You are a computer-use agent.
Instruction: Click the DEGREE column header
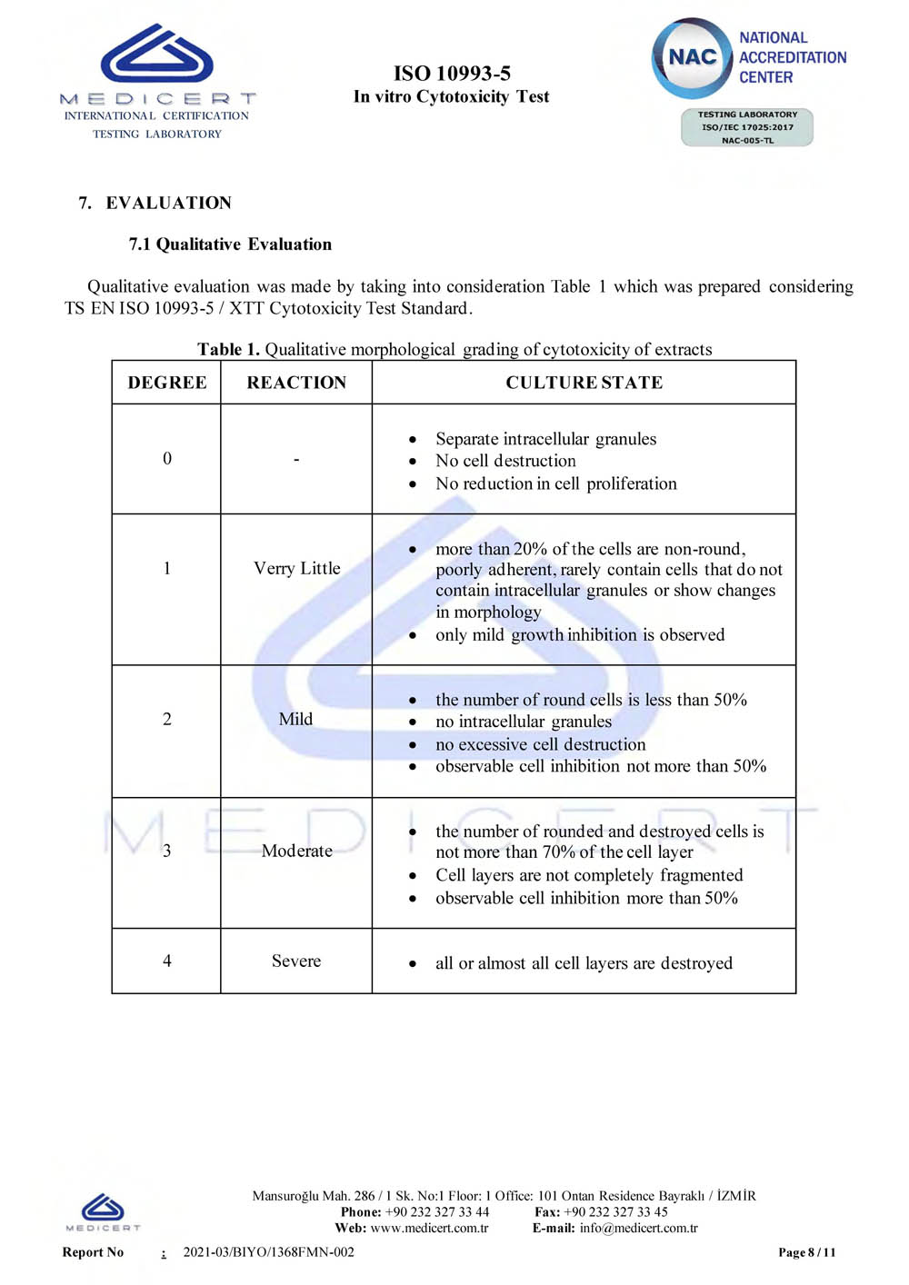(167, 383)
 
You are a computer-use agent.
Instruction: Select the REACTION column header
(296, 383)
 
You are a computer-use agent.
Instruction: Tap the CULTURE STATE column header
(584, 383)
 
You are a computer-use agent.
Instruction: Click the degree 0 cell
(167, 458)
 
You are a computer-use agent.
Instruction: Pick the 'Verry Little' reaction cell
(296, 568)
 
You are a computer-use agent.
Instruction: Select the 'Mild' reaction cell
(296, 719)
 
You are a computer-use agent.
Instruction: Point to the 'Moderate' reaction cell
(296, 851)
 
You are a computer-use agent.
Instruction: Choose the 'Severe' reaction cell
(296, 961)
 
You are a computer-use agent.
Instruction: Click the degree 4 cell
(167, 961)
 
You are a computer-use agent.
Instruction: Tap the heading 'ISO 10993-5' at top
(452, 73)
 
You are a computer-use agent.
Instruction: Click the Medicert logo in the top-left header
(157, 64)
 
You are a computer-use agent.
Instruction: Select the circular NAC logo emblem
(692, 57)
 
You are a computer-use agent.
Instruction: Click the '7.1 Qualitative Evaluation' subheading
(230, 244)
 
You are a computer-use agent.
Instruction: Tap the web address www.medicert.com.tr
(429, 1228)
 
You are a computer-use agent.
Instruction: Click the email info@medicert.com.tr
(638, 1228)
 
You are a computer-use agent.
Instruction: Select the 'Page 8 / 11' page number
(806, 1252)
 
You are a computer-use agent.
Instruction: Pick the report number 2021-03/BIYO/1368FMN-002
(269, 1251)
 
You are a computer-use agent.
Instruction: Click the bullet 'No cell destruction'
(505, 461)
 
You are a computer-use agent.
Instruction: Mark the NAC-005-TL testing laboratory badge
(746, 127)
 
